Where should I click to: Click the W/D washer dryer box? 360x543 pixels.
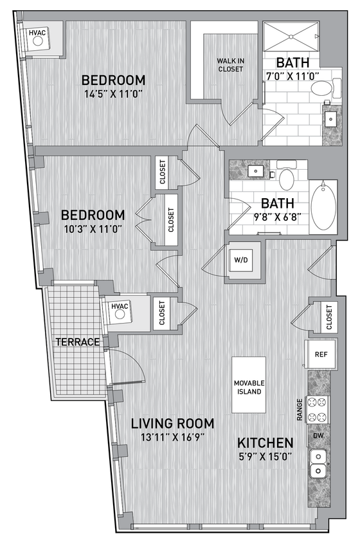(x=243, y=261)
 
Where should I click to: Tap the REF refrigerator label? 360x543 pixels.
(x=319, y=354)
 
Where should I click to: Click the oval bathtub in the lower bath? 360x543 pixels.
(x=323, y=207)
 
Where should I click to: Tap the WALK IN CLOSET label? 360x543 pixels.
(x=230, y=65)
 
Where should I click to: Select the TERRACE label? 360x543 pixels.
(x=78, y=342)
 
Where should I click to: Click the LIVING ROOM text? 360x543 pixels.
(x=172, y=423)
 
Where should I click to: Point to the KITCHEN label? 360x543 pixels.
(x=265, y=443)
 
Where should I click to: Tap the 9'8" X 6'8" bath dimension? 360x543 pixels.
(x=273, y=216)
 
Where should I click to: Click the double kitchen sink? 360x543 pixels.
(x=318, y=464)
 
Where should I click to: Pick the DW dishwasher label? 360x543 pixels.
(x=319, y=436)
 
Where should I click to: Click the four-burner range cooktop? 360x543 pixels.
(x=318, y=410)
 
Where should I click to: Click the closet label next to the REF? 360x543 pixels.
(x=329, y=317)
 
